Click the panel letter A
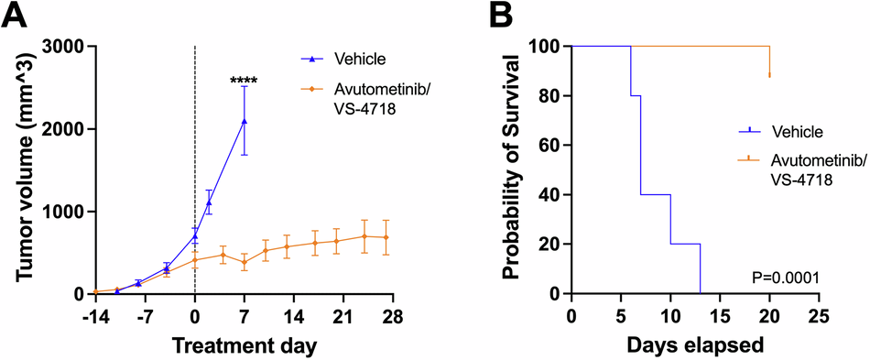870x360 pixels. [16, 16]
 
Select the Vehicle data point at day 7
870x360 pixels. [244, 121]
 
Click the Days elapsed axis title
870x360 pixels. [694, 345]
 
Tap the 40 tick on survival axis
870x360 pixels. [553, 194]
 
